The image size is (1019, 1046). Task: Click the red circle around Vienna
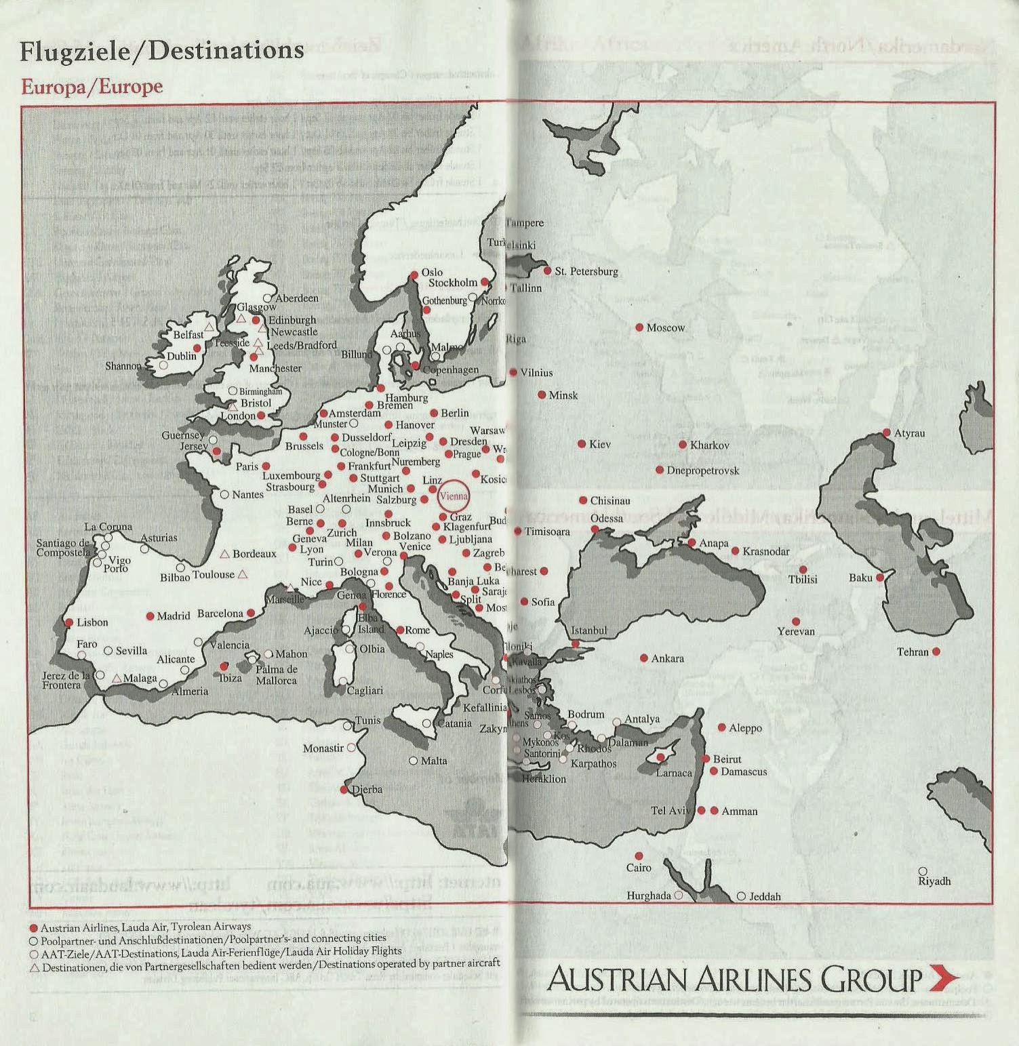pyautogui.click(x=454, y=496)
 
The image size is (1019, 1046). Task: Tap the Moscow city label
pyautogui.click(x=666, y=328)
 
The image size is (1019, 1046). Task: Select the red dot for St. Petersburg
pyautogui.click(x=548, y=270)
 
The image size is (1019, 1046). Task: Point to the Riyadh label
pyautogui.click(x=934, y=881)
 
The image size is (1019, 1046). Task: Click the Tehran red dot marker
pyautogui.click(x=936, y=651)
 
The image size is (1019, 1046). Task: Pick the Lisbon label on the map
pyautogui.click(x=92, y=622)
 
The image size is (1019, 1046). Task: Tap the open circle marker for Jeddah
pyautogui.click(x=741, y=896)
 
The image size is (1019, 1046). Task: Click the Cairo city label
pyautogui.click(x=639, y=868)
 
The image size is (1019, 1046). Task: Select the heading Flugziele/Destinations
pyautogui.click(x=162, y=52)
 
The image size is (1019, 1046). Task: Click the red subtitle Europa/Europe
pyautogui.click(x=92, y=87)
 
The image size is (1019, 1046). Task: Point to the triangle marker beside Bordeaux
pyautogui.click(x=224, y=554)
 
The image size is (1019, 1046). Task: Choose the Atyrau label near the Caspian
pyautogui.click(x=909, y=433)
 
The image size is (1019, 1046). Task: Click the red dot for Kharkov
pyautogui.click(x=683, y=445)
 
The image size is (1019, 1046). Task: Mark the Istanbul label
pyautogui.click(x=588, y=630)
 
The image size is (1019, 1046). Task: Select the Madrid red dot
pyautogui.click(x=151, y=616)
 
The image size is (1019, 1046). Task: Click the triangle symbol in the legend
pyautogui.click(x=35, y=968)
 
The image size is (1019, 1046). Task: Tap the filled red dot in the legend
pyautogui.click(x=34, y=927)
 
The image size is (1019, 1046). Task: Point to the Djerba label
pyautogui.click(x=367, y=790)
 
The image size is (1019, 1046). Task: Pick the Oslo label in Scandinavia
pyautogui.click(x=432, y=273)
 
